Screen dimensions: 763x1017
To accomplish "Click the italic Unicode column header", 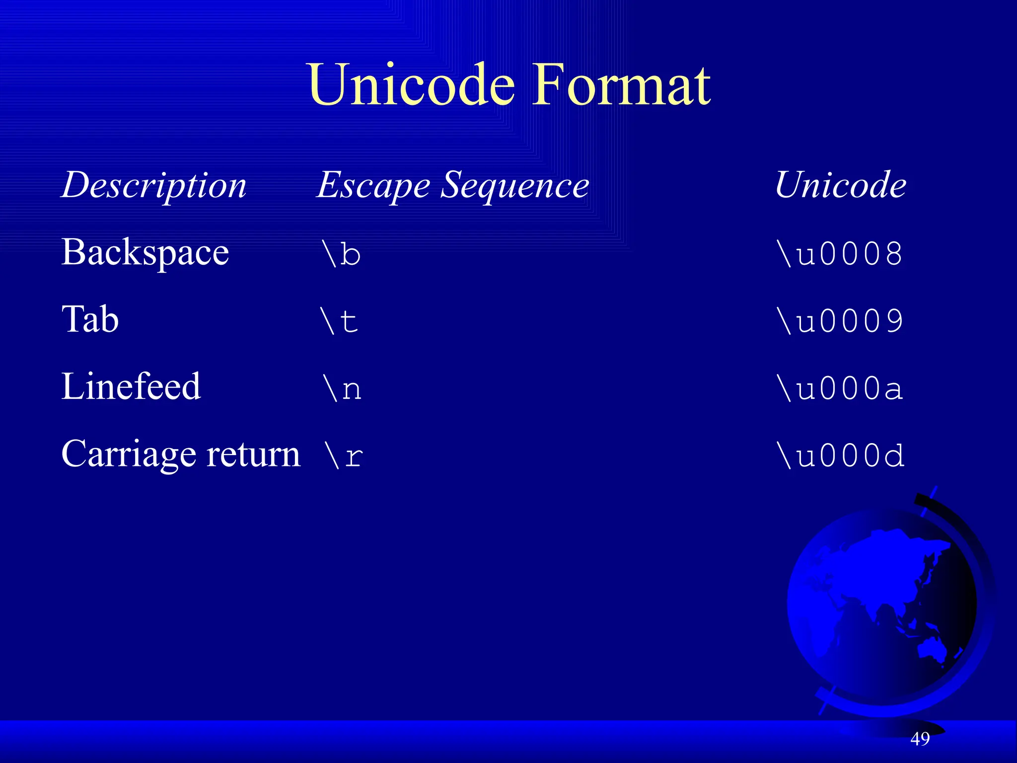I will [840, 185].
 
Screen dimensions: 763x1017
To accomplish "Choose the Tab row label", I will [90, 319].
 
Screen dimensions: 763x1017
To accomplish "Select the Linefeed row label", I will [131, 386].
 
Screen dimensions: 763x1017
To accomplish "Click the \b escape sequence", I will [342, 254].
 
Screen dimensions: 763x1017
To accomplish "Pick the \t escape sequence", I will [340, 321].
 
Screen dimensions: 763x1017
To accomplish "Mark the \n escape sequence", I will [342, 388].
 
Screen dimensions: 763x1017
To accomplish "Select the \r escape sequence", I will [343, 456].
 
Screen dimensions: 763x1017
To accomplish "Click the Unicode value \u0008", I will [840, 254].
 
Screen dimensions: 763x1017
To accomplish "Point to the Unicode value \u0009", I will [840, 321].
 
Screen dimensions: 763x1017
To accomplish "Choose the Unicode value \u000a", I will [840, 388].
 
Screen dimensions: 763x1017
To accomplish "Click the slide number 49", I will [920, 739].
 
